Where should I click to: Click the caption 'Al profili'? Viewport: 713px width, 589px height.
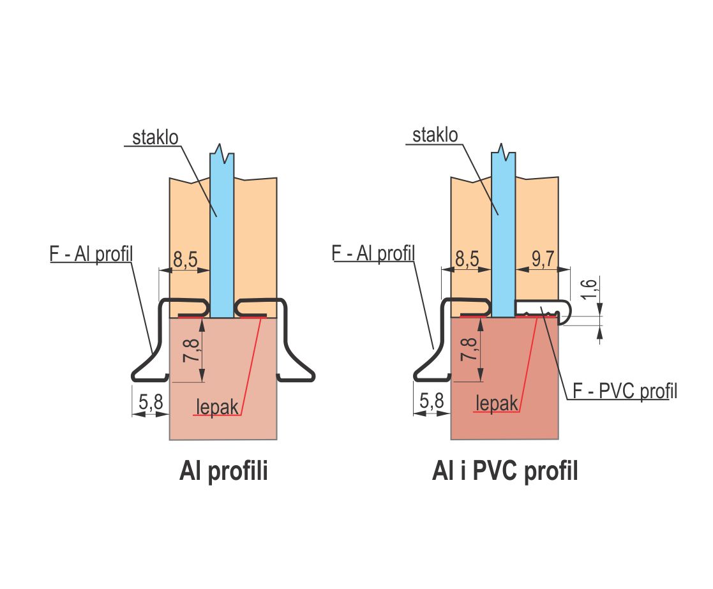coord(223,472)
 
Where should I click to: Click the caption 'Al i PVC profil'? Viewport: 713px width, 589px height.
coord(505,472)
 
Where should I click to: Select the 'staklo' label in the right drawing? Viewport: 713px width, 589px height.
coord(435,135)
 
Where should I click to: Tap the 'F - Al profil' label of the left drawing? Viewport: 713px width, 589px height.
coord(90,253)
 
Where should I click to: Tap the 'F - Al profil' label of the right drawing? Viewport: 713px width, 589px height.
coord(373,253)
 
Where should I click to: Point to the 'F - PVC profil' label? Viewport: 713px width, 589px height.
coord(624,391)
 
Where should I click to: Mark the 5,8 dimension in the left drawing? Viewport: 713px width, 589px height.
coord(152,402)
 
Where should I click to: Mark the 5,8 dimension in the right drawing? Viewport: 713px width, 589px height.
coord(432,402)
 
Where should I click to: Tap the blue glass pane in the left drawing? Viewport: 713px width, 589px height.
coord(221,242)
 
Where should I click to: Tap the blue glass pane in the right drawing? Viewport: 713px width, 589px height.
coord(503,242)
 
